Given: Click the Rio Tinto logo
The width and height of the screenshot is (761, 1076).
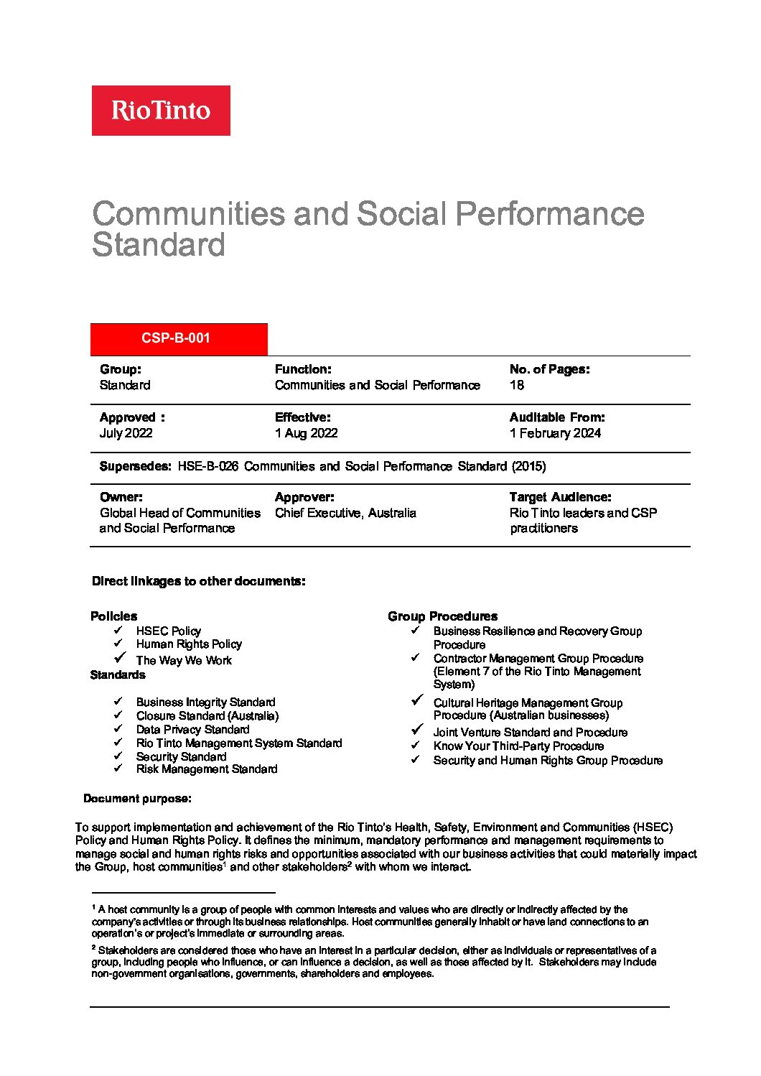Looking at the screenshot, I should pyautogui.click(x=161, y=111).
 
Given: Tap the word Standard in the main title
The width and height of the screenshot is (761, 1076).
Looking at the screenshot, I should pyautogui.click(x=159, y=245).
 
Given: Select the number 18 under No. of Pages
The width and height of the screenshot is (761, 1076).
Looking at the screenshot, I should pyautogui.click(x=517, y=385).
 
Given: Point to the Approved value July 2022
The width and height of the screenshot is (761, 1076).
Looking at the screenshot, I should pyautogui.click(x=126, y=433).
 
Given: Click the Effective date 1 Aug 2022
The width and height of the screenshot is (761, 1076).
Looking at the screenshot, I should pyautogui.click(x=306, y=433).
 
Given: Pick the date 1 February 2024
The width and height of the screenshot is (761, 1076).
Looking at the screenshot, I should pyautogui.click(x=555, y=433).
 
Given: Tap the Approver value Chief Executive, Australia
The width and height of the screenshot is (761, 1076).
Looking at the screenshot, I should pyautogui.click(x=345, y=513).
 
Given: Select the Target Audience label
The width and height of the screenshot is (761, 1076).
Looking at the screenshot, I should pyautogui.click(x=560, y=497).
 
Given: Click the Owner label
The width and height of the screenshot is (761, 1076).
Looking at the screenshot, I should pyautogui.click(x=121, y=497).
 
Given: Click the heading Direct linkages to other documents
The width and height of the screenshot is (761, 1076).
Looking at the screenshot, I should pyautogui.click(x=198, y=581).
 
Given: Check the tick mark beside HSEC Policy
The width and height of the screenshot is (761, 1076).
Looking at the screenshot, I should pyautogui.click(x=118, y=630).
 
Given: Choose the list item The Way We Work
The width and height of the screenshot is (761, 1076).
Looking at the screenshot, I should pyautogui.click(x=184, y=660).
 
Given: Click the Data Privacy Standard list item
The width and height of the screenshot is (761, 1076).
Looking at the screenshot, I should pyautogui.click(x=192, y=729).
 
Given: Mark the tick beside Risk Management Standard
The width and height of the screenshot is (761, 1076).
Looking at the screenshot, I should pyautogui.click(x=118, y=768).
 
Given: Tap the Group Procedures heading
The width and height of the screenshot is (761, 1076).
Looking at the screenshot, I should pyautogui.click(x=442, y=616).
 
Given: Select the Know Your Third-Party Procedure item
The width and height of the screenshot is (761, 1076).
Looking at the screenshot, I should pyautogui.click(x=518, y=746).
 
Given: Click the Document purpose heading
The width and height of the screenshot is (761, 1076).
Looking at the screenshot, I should pyautogui.click(x=137, y=799).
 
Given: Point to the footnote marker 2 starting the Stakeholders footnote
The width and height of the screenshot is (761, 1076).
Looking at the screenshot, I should pyautogui.click(x=94, y=948).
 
